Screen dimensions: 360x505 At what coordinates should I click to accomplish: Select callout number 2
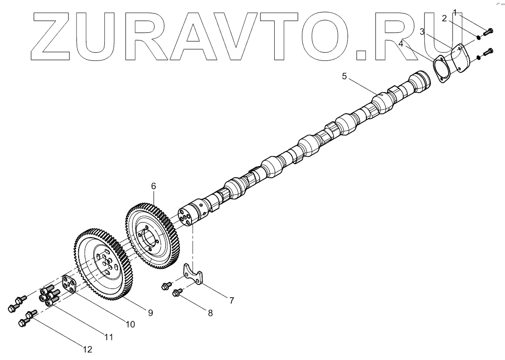[x=444, y=19]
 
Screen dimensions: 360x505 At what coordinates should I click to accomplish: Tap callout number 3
[x=422, y=32]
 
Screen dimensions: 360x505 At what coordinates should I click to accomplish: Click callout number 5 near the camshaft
[x=345, y=77]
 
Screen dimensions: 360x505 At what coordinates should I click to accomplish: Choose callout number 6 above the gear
[x=154, y=186]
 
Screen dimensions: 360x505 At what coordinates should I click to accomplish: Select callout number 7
[x=231, y=301]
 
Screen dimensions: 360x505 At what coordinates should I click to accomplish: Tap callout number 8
[x=210, y=313]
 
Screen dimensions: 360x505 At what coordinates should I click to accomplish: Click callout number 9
[x=150, y=313]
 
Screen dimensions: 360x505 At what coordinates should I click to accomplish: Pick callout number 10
[x=131, y=325]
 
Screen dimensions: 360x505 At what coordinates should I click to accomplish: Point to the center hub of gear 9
[x=104, y=263]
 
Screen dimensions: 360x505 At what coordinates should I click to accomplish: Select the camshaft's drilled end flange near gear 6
[x=190, y=215]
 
